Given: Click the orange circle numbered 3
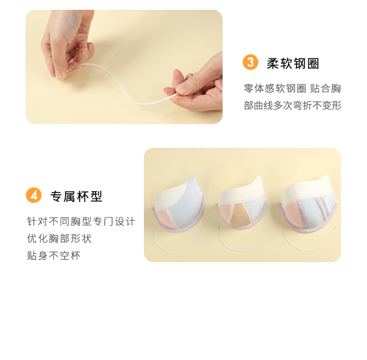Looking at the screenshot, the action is click(x=251, y=62).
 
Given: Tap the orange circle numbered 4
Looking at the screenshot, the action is click(x=34, y=195).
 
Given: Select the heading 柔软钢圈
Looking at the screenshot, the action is click(x=293, y=64).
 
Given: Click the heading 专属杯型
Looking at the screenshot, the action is click(x=76, y=196).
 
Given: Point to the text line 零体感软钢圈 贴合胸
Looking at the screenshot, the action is click(x=292, y=89).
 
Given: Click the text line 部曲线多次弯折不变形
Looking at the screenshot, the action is click(x=293, y=106).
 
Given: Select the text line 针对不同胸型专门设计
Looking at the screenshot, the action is click(x=81, y=222).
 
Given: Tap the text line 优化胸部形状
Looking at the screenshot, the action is click(x=59, y=239).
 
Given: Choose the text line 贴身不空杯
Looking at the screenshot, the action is click(x=54, y=256).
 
